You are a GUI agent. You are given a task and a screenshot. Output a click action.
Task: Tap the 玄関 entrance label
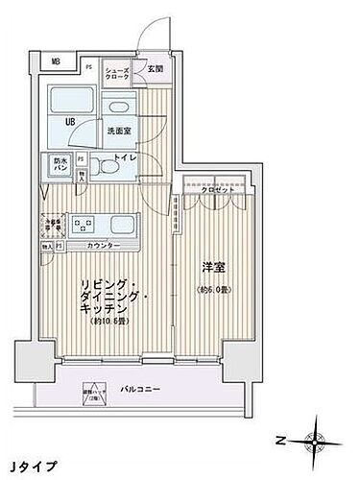point(156,67)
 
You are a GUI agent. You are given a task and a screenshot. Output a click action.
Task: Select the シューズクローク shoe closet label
point(118,75)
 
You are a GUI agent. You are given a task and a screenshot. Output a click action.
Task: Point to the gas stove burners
point(83,227)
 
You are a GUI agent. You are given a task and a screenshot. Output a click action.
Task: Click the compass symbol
point(314,441)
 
